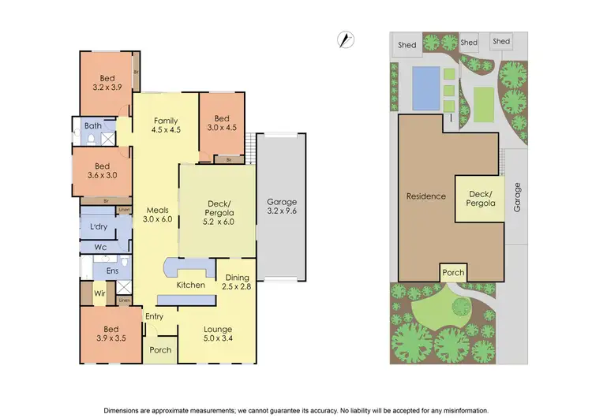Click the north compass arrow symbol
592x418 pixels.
click(345, 40)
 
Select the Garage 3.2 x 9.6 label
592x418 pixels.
click(282, 207)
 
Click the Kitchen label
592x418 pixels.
click(191, 285)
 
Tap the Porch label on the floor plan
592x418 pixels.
click(161, 349)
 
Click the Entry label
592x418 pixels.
click(154, 316)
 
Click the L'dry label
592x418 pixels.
click(99, 227)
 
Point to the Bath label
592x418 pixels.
click(93, 125)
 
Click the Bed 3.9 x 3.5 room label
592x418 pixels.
click(111, 334)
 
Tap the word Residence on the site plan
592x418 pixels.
click(426, 196)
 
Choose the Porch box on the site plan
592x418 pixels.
click(453, 274)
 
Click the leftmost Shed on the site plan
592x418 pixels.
click(408, 44)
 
